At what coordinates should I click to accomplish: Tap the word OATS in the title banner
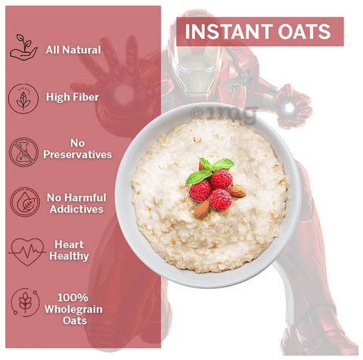304,32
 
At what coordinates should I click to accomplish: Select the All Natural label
73,50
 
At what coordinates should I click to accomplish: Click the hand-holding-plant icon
23,47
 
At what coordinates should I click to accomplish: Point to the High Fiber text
73,98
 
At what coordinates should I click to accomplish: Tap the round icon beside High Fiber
23,99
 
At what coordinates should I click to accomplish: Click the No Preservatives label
77,149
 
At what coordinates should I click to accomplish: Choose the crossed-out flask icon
23,152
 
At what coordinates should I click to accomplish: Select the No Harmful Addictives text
76,203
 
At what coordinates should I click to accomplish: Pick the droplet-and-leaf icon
25,202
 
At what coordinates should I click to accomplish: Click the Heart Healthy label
69,250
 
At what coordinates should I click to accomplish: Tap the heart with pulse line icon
26,251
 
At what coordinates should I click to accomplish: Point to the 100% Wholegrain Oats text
73,309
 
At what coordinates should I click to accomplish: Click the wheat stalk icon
25,303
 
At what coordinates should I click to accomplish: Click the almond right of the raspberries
237,191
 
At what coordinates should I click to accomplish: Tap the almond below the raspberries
202,209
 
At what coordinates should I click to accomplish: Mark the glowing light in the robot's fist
289,108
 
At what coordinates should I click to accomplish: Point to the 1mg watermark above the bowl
223,114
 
